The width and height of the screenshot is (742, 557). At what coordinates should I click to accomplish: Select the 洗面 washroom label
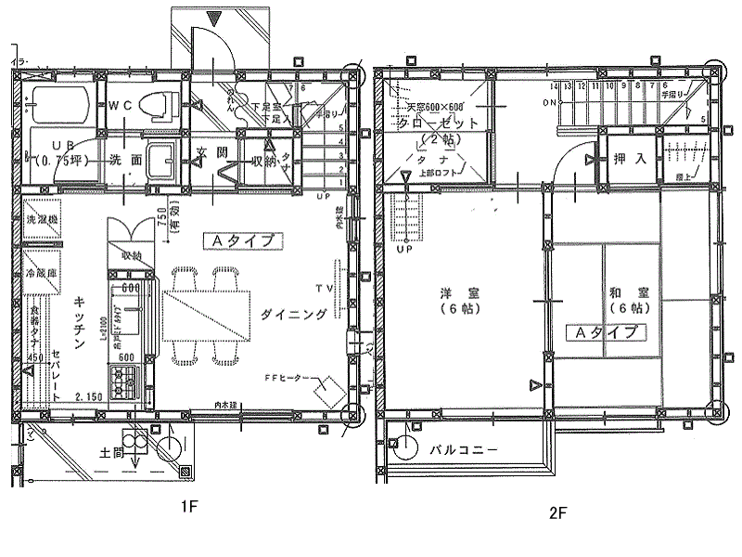tap(125, 159)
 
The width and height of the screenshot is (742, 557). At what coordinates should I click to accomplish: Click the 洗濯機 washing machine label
tap(41, 221)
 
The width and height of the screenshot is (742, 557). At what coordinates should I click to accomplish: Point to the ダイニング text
tap(294, 315)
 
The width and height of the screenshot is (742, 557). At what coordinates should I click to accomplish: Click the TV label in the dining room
tap(325, 289)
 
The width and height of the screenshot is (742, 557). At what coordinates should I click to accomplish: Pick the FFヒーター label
tap(288, 379)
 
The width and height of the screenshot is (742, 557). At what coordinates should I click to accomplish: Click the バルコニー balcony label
tap(464, 449)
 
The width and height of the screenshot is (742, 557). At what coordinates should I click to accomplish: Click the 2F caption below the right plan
tap(555, 512)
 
